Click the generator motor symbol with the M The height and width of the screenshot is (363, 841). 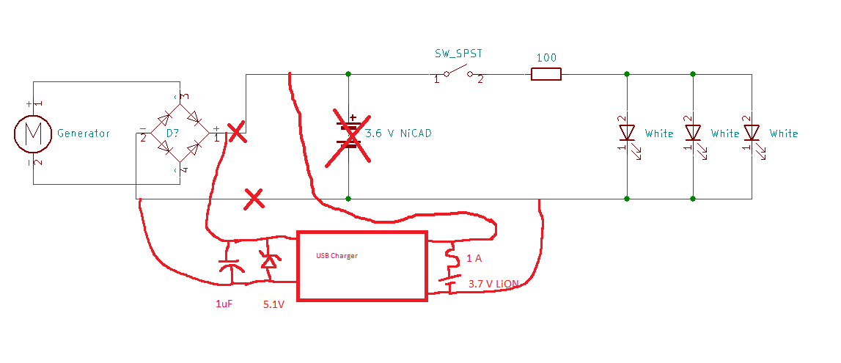click(x=32, y=133)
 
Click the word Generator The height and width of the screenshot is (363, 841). click(x=84, y=133)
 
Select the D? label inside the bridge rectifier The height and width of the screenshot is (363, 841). click(x=172, y=133)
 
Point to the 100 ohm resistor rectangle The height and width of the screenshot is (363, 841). click(x=546, y=73)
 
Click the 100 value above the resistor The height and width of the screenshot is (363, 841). click(x=546, y=58)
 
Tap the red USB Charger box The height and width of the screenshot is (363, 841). click(x=361, y=265)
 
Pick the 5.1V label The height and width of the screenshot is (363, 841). click(x=273, y=304)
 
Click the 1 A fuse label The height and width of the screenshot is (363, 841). click(x=474, y=258)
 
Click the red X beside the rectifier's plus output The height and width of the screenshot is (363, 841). click(x=236, y=133)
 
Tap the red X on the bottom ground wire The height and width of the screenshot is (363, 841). click(x=254, y=198)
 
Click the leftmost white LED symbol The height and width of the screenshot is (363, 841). click(x=627, y=133)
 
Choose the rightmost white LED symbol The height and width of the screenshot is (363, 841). click(x=752, y=133)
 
